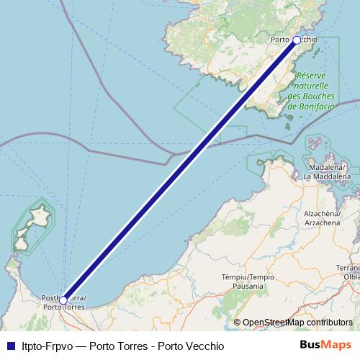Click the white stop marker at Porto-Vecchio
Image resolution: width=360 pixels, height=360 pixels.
coord(297,40)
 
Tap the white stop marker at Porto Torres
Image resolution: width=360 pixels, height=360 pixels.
coord(63,300)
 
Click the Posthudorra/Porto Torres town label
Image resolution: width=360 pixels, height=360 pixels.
coord(65,302)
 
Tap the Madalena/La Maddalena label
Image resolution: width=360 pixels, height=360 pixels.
coord(327,171)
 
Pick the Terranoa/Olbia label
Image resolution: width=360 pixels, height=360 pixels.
coord(351,271)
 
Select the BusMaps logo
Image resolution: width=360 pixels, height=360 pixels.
coord(321,346)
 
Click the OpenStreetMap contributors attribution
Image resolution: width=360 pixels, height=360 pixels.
coord(297,323)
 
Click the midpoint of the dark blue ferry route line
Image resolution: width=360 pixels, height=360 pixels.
coord(180,170)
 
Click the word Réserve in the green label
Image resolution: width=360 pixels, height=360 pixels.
coord(311,75)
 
